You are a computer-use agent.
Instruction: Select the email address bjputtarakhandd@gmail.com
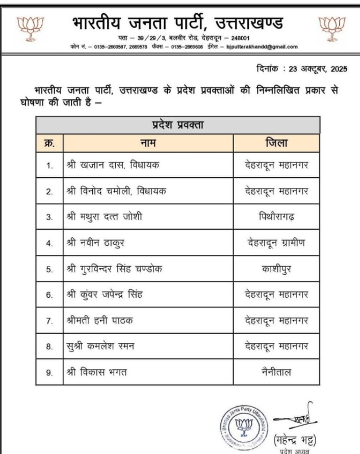[262, 46]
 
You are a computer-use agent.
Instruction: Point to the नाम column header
[147, 143]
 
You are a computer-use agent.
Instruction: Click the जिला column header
[276, 143]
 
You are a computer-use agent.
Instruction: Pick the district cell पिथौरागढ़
[276, 217]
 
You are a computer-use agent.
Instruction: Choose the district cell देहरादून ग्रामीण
[276, 243]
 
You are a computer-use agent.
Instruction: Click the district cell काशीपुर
[276, 269]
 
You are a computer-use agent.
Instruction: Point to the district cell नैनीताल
[276, 372]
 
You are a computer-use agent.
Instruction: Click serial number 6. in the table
[49, 295]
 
